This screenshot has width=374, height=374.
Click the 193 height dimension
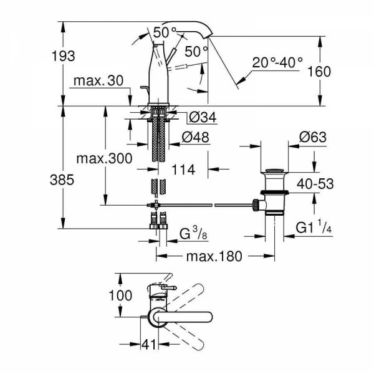(x=62, y=55)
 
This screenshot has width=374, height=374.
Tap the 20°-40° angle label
(x=278, y=62)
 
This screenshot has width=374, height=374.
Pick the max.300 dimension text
(x=104, y=158)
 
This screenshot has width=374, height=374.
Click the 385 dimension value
(x=62, y=180)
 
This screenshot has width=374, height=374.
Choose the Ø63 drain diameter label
(x=314, y=137)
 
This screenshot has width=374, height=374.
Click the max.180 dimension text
(x=216, y=256)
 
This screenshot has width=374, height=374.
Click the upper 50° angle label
(x=165, y=30)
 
